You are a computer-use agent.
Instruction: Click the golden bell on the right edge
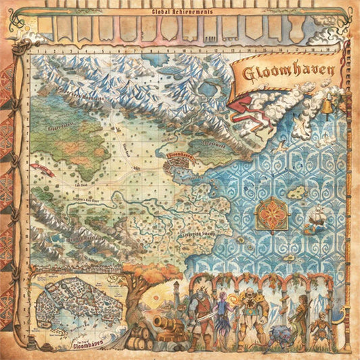tap(327, 106)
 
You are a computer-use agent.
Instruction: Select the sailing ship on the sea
tap(317, 217)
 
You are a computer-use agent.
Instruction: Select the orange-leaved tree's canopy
tap(145, 277)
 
